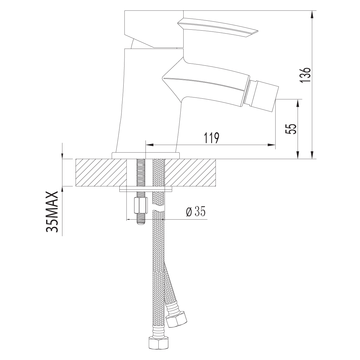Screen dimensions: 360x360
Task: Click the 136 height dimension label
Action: point(305,74)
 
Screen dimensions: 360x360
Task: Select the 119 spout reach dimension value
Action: point(211,138)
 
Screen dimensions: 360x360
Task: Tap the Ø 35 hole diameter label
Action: point(196,211)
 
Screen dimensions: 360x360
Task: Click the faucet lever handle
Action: point(218,28)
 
